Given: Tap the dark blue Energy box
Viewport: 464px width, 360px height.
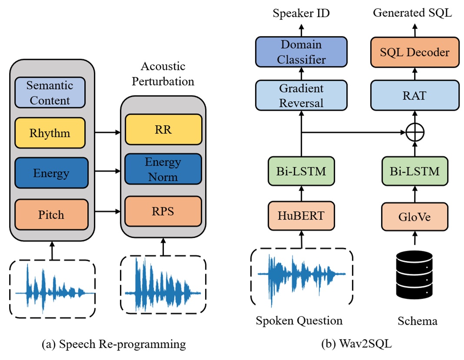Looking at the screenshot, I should (51, 173).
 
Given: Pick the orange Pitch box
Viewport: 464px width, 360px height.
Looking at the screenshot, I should (51, 214).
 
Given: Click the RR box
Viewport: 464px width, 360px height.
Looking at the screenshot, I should (163, 129).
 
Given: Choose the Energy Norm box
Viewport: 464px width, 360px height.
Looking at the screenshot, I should (163, 170).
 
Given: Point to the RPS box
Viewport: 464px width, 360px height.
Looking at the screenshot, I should (163, 211).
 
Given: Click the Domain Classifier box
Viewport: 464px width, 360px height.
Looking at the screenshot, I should (301, 52).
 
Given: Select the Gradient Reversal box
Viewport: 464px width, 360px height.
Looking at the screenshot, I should (301, 96).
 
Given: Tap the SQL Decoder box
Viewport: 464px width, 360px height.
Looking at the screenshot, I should (414, 52).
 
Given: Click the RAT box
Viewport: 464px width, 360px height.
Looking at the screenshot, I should (414, 96).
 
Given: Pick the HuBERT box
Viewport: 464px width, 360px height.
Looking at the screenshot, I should (301, 215).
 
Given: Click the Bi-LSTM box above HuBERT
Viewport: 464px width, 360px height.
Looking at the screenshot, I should (301, 170).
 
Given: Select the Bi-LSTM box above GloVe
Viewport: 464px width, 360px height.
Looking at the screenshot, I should (414, 170).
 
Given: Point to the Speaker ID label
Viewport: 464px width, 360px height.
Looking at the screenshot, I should (301, 13).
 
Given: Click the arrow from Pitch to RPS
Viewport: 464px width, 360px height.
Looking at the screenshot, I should (107, 211).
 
